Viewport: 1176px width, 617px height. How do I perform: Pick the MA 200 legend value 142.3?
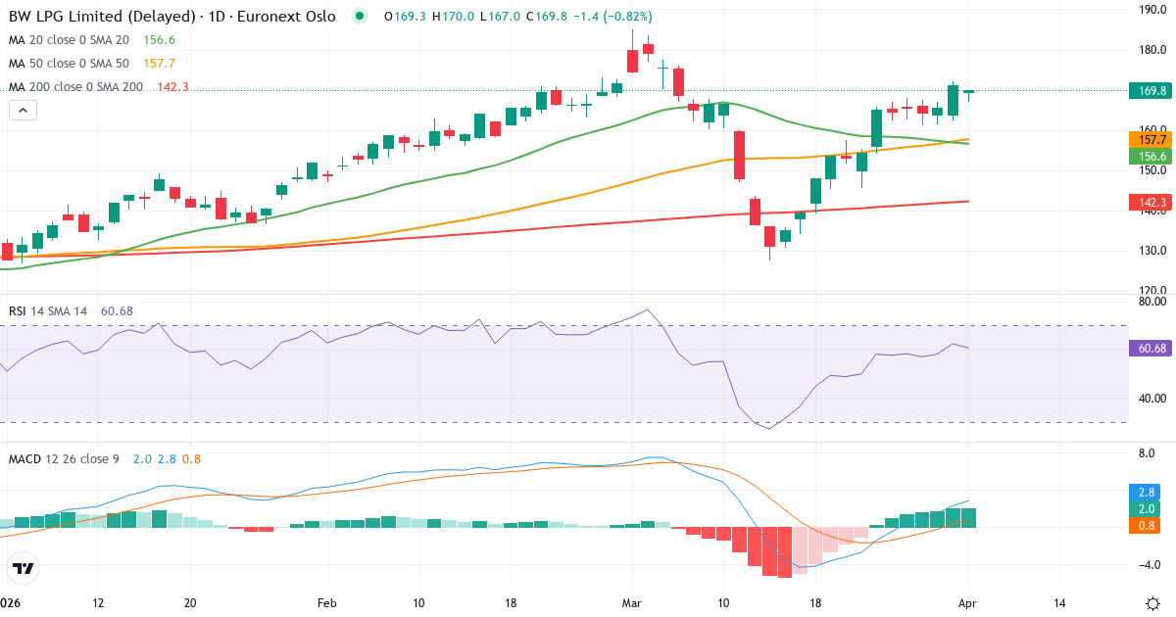pyautogui.click(x=172, y=87)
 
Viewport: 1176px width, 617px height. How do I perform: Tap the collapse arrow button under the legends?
pyautogui.click(x=23, y=111)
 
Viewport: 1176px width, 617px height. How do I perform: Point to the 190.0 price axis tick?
pyautogui.click(x=1152, y=10)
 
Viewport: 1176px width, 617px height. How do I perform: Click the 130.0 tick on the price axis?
pyautogui.click(x=1152, y=251)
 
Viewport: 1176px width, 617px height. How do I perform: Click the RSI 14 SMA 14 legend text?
pyautogui.click(x=48, y=311)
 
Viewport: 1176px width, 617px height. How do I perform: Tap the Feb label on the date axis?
pyautogui.click(x=326, y=602)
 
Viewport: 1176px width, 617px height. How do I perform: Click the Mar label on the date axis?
pyautogui.click(x=632, y=602)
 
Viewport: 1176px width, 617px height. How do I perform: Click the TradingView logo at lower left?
pyautogui.click(x=23, y=568)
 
